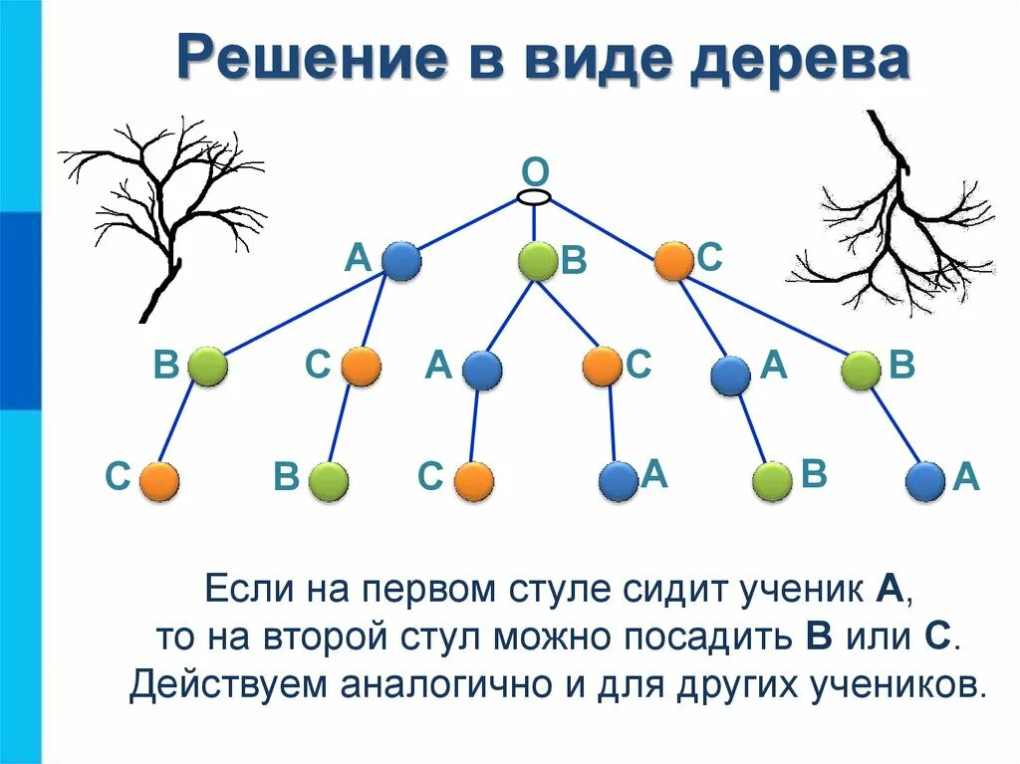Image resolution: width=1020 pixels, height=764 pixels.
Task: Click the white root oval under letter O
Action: pos(535,197)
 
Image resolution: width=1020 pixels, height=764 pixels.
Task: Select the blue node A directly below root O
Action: pos(401,262)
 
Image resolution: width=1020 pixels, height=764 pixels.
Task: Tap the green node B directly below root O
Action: pos(538,262)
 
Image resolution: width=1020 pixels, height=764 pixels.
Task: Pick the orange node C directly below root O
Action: pos(673,262)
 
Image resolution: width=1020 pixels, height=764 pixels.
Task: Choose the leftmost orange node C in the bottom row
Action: pos(159,481)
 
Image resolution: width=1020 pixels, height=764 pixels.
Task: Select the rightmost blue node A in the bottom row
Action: pos(925,481)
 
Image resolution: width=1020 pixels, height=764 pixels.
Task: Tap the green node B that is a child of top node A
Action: pos(208,368)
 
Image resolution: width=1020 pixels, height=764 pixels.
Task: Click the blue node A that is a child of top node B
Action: pos(482,371)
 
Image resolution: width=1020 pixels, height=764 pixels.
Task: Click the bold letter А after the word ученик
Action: pos(889,590)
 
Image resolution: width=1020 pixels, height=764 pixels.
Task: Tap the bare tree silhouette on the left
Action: pos(164,209)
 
